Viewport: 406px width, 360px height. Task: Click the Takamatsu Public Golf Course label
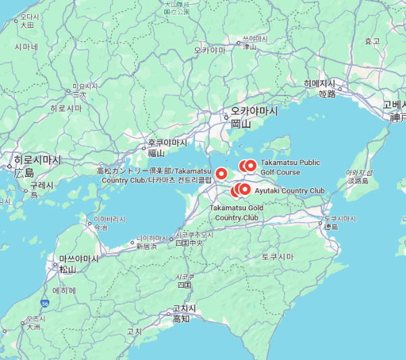(x=290, y=167)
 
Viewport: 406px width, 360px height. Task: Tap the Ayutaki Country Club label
(x=290, y=191)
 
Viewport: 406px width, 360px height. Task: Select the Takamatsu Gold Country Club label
(x=237, y=212)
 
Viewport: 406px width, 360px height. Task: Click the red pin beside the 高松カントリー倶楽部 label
(x=221, y=173)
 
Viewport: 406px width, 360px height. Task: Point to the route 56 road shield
(x=45, y=303)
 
